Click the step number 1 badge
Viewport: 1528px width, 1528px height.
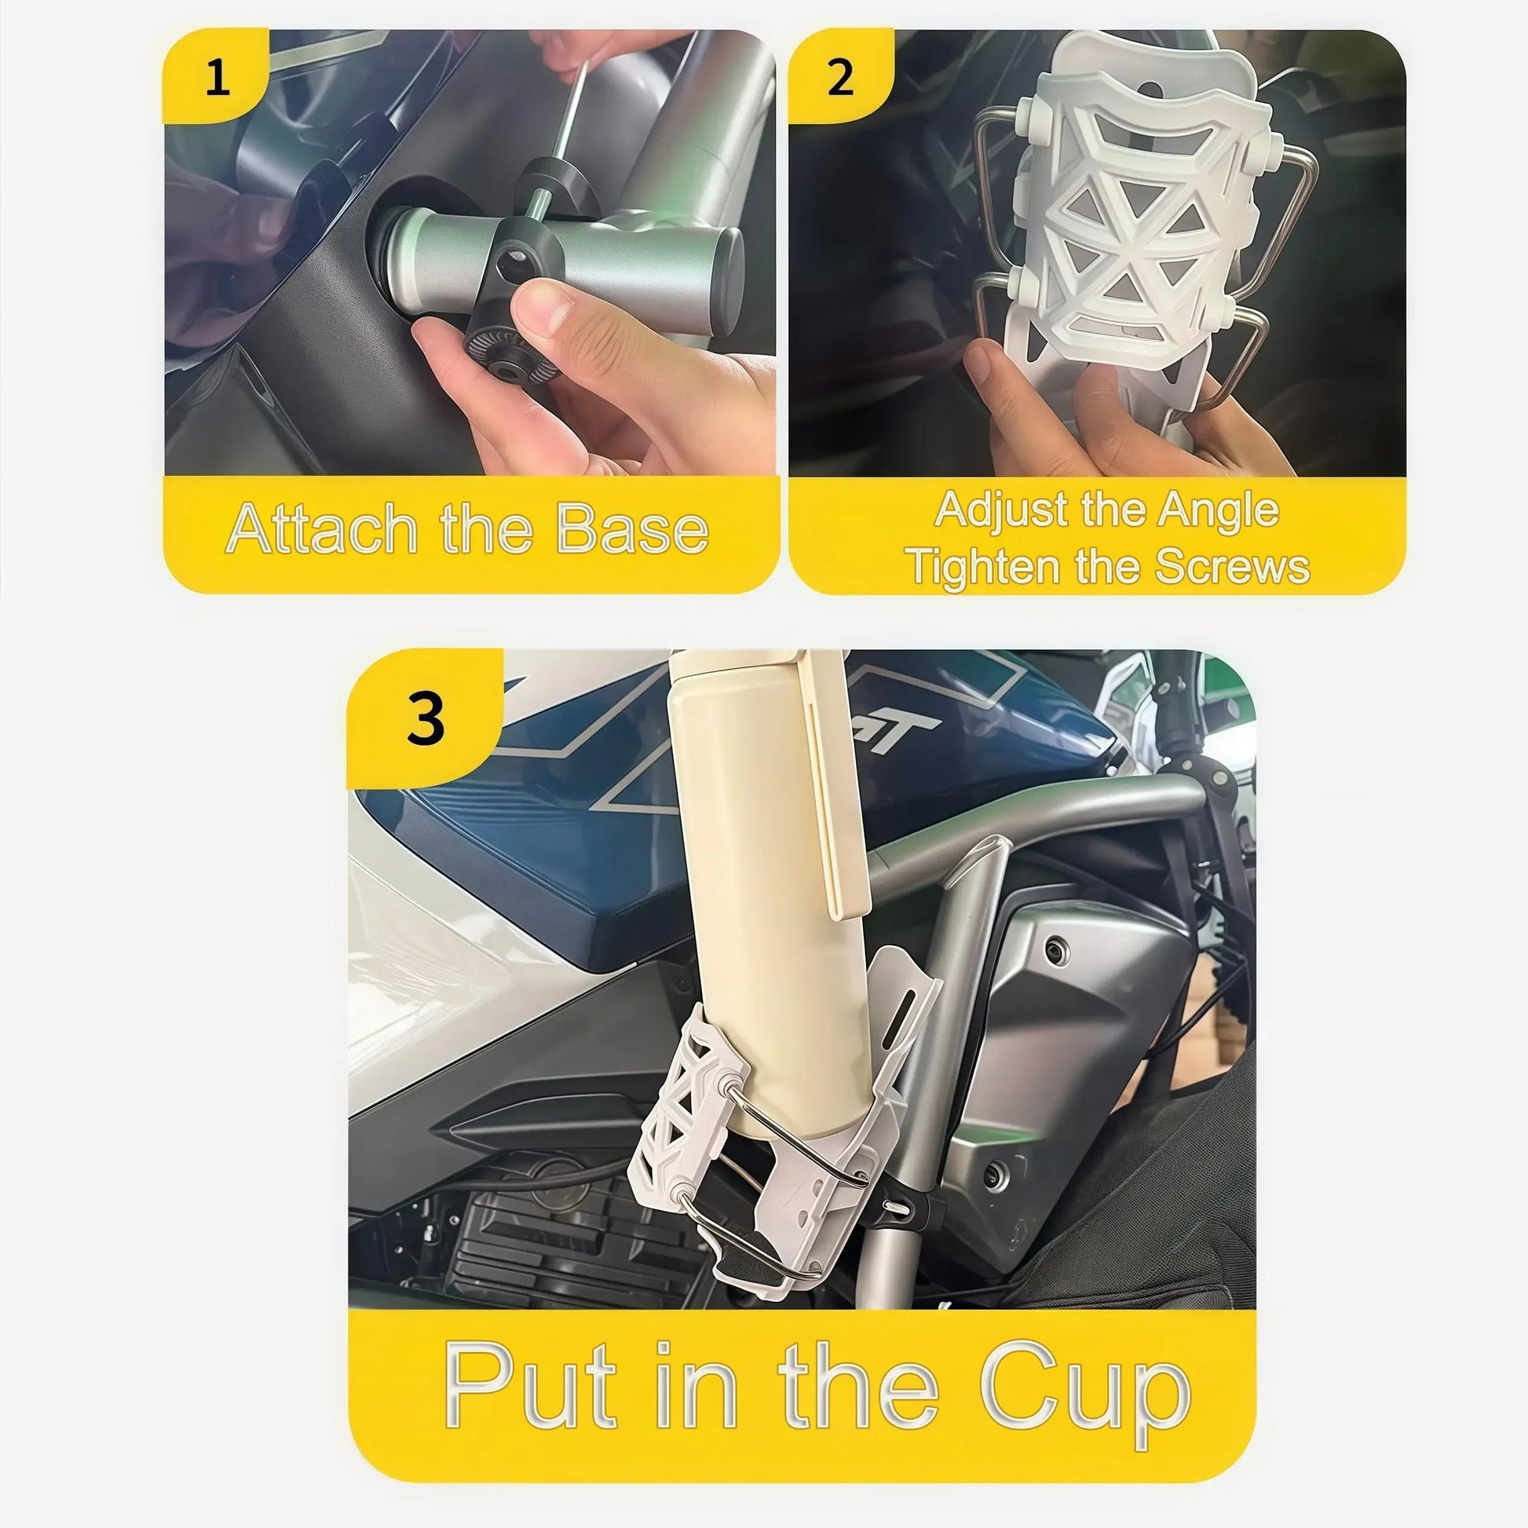[x=216, y=79]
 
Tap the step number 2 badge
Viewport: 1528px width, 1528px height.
[x=840, y=79]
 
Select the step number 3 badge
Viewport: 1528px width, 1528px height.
[x=426, y=718]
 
